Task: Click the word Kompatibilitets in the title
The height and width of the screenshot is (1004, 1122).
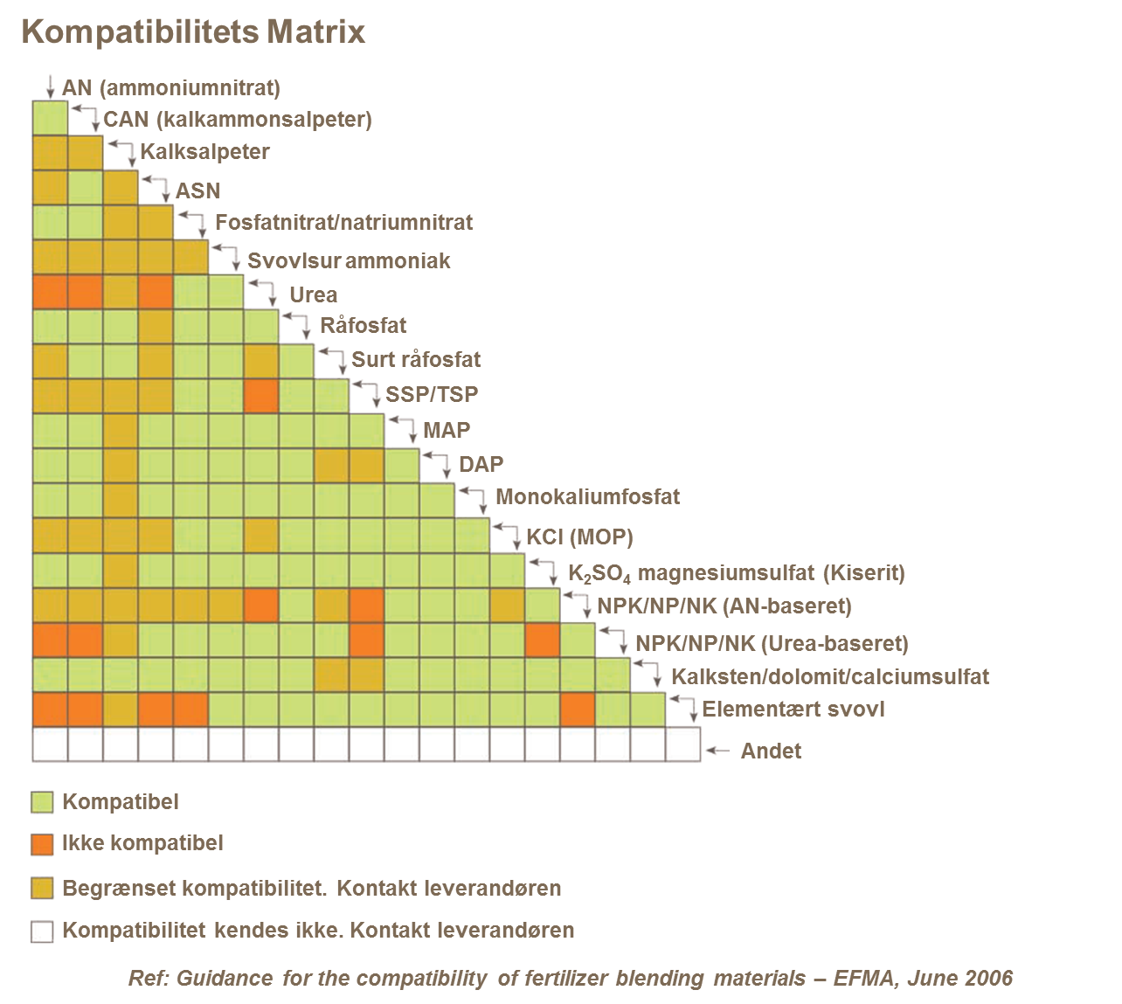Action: pos(140,32)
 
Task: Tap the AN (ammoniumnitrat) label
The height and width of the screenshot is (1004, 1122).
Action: pos(171,87)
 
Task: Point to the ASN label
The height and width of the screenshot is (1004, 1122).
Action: pos(197,192)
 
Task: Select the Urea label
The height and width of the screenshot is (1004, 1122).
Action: pos(313,297)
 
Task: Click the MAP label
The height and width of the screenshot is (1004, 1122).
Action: pos(447,430)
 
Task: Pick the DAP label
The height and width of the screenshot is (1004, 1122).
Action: pos(481,466)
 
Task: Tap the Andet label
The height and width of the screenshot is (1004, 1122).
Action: pos(771,751)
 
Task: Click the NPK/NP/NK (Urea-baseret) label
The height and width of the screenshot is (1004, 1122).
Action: pos(772,645)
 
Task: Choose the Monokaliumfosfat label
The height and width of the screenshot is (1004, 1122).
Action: pos(587,502)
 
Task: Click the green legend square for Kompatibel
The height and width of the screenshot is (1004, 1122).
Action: pos(42,802)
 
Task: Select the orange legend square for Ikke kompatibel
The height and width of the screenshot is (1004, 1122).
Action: pos(42,844)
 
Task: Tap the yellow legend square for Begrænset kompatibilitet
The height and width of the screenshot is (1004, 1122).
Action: pos(42,889)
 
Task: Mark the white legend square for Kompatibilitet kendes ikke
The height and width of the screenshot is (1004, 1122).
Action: pos(42,931)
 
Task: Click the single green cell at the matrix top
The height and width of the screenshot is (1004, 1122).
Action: pos(50,118)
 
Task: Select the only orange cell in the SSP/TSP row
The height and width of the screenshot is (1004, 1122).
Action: pos(261,396)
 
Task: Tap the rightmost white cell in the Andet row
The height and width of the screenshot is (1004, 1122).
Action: pos(682,744)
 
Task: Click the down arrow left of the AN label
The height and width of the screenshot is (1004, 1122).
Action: pos(50,87)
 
